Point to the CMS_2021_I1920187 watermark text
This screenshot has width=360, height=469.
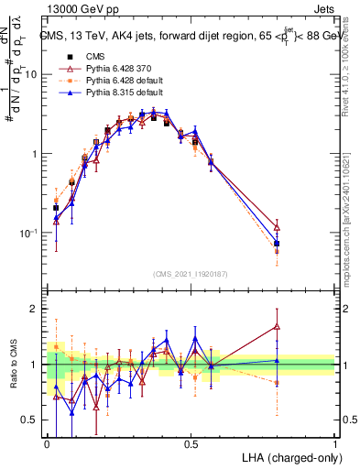coord(191,274)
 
